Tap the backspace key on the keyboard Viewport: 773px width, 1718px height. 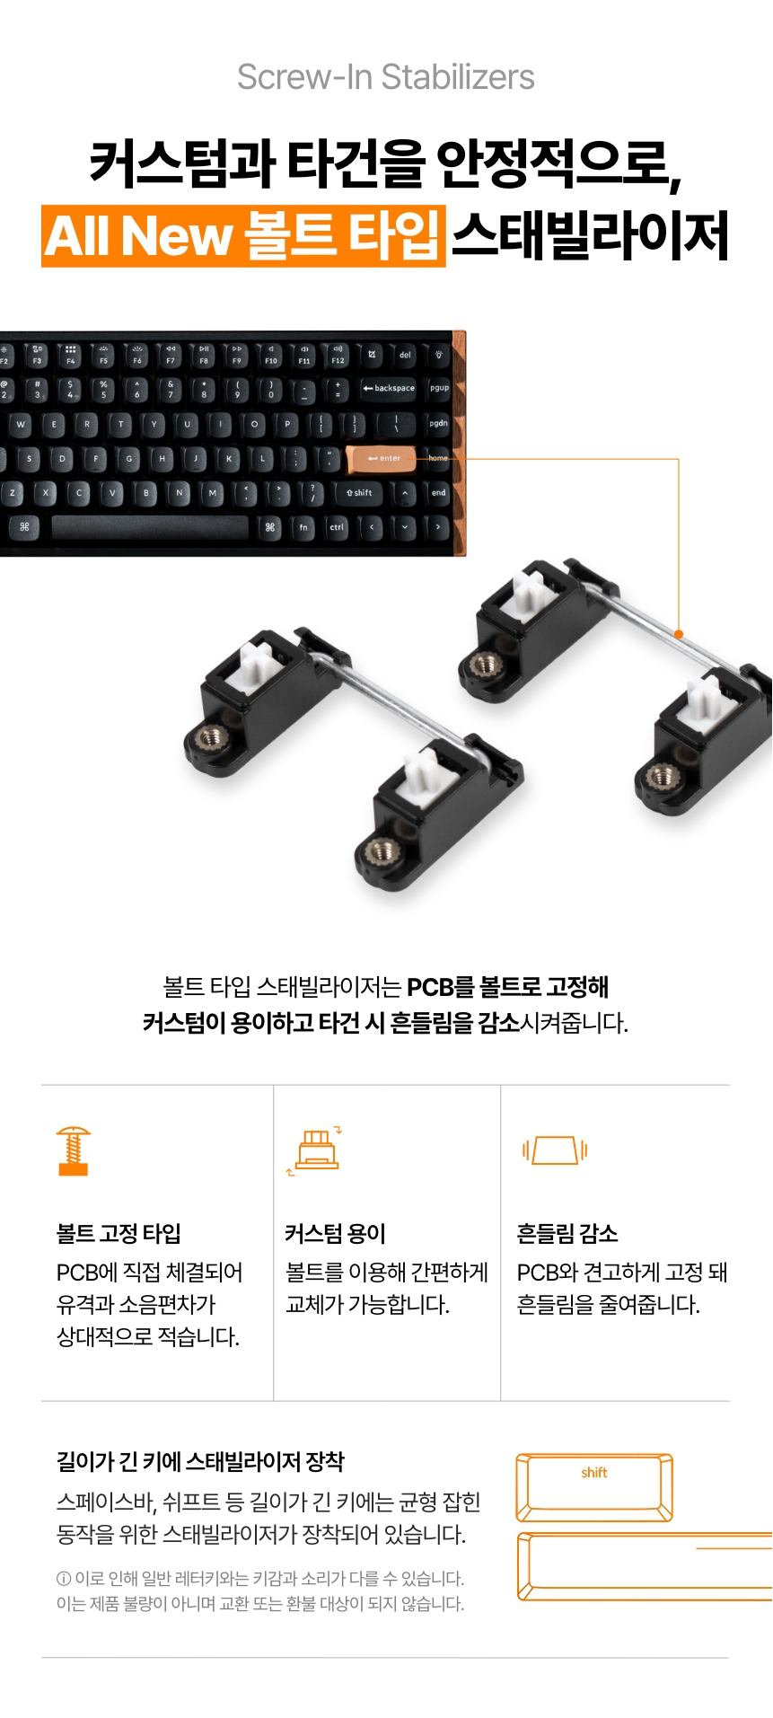389,388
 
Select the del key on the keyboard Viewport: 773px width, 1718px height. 405,355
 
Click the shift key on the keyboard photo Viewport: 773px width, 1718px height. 360,492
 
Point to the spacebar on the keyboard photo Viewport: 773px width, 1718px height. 150,527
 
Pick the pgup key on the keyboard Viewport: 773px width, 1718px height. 439,388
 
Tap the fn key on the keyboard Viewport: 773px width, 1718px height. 303,527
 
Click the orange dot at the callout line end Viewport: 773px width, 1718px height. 679,634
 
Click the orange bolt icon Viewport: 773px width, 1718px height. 73,1150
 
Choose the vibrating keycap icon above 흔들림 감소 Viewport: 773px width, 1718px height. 555,1150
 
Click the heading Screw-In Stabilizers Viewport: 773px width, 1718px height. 386,77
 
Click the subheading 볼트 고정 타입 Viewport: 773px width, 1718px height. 119,1233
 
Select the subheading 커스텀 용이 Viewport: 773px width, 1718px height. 335,1233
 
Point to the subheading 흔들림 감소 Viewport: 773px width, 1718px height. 567,1233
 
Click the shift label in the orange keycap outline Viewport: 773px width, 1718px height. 594,1473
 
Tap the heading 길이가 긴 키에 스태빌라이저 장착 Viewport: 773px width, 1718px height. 200,1462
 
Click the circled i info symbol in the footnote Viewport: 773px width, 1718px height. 64,1579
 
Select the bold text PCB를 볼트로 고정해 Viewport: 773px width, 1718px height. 508,987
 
